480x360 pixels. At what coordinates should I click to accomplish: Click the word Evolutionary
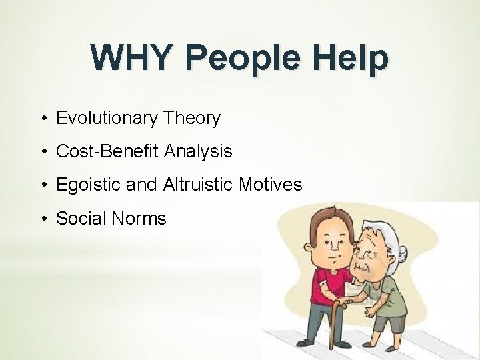click(107, 119)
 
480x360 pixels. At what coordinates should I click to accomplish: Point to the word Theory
click(192, 119)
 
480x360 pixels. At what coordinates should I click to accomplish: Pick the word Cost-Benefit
click(107, 151)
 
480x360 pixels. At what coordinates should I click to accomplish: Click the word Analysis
click(197, 151)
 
